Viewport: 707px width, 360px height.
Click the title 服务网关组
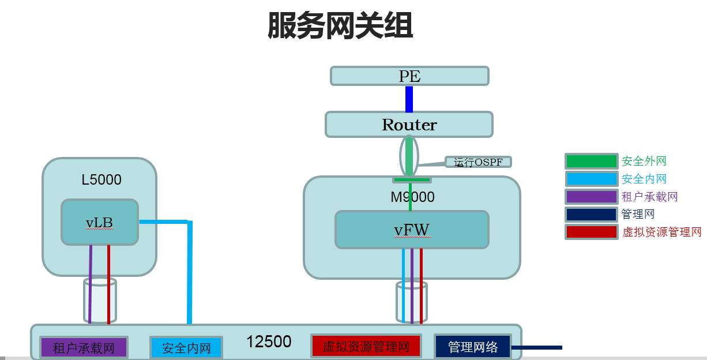pos(340,26)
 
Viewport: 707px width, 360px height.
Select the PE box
pos(409,76)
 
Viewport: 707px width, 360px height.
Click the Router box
pos(409,125)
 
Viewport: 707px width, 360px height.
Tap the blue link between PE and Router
pos(409,99)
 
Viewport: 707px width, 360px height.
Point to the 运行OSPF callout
pos(478,162)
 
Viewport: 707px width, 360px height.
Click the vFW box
pos(412,230)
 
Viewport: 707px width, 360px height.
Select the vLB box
pos(100,222)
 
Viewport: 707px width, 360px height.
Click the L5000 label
pos(101,180)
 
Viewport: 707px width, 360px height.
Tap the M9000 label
pos(412,197)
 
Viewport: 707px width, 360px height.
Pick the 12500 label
pos(269,342)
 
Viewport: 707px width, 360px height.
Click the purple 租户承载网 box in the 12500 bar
pos(84,348)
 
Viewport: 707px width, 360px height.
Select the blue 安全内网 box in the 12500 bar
pos(186,348)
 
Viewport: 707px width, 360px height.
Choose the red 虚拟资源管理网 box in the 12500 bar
pos(366,346)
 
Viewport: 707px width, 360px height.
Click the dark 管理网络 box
pos(473,347)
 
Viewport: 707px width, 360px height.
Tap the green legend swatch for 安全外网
pos(591,162)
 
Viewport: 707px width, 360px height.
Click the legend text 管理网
pos(638,214)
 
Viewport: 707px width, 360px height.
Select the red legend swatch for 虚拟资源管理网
pos(591,232)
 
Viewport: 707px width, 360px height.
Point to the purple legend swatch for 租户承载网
pos(591,197)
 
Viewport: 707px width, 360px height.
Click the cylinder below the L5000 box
pos(100,301)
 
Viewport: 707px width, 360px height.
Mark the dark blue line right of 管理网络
pos(536,347)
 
